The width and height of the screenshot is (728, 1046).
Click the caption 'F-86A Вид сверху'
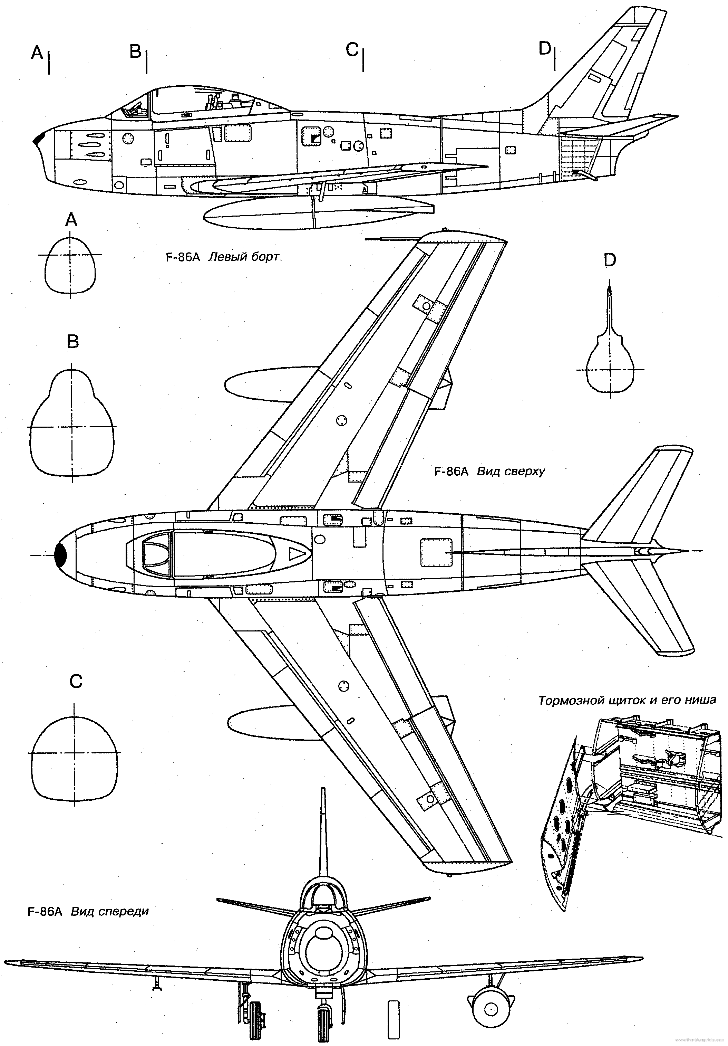pos(489,472)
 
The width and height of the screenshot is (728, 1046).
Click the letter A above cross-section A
pos(71,220)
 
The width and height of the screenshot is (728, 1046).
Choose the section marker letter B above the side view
pos(135,52)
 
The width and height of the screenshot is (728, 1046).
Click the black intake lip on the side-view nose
pos(38,139)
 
